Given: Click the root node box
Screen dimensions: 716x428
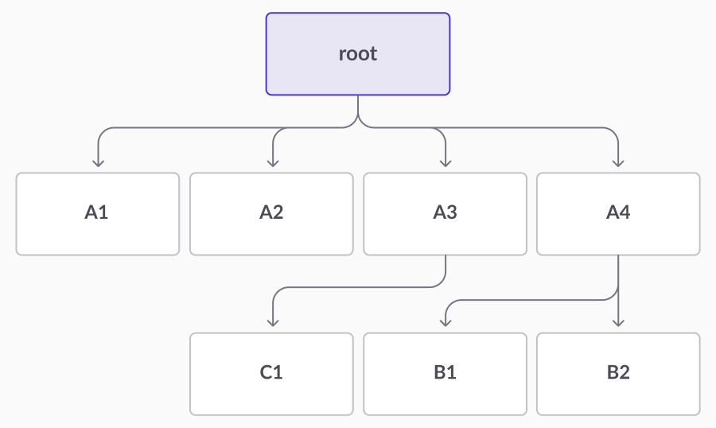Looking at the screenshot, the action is [358, 54].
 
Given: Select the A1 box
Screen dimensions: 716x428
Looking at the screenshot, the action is [98, 214].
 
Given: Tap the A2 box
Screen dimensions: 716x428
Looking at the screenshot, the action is [272, 214].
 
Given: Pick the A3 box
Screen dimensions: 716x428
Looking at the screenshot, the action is [446, 214].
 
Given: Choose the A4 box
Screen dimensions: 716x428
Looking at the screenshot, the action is [618, 214].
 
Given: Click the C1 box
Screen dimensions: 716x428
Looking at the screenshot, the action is [272, 374].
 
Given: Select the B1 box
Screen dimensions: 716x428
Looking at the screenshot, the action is [446, 374].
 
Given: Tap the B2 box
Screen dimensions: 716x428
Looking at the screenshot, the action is [618, 374].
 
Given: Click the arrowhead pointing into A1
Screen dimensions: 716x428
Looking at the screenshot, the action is [98, 163].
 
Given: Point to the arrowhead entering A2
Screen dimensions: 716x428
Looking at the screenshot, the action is [273, 163].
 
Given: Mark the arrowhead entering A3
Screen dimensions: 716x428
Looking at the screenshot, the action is [446, 163].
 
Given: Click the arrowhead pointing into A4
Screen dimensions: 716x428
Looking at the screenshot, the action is [618, 163].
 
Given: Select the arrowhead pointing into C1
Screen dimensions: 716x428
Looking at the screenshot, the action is [273, 323].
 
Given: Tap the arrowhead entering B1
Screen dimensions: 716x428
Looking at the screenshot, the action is [446, 323].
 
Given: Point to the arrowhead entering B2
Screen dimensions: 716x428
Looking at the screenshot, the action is [618, 323].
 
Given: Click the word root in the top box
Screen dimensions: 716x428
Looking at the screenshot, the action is [358, 54].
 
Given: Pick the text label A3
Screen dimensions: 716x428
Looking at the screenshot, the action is [446, 212].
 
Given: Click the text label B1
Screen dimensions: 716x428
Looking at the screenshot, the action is [446, 372].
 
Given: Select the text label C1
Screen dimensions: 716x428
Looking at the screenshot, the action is [271, 372].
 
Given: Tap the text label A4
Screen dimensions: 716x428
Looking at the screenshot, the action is [618, 212].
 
